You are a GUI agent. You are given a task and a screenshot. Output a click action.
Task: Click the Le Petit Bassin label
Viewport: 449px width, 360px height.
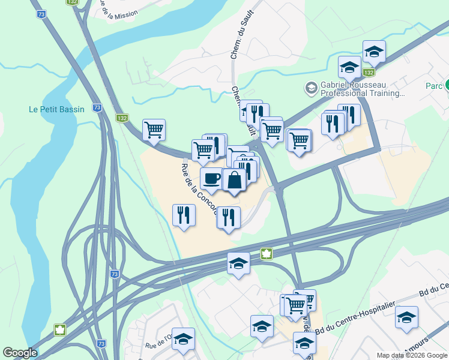56,109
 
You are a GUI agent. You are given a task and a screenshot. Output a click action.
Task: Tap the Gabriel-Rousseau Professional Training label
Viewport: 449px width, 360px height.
361,89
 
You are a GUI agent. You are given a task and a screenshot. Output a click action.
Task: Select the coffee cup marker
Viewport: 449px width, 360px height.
211,178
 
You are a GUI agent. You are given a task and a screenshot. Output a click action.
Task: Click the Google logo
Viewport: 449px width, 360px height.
20,353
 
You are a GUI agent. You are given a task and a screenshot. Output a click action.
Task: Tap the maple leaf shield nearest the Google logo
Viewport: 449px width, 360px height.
60,329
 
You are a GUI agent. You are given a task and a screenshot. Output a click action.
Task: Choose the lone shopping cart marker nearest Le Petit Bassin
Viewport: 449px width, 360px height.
154,129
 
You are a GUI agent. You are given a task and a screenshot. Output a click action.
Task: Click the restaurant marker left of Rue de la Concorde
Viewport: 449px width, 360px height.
184,215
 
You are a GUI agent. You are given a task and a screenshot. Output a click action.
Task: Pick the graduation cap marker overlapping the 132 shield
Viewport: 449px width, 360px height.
374,52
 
